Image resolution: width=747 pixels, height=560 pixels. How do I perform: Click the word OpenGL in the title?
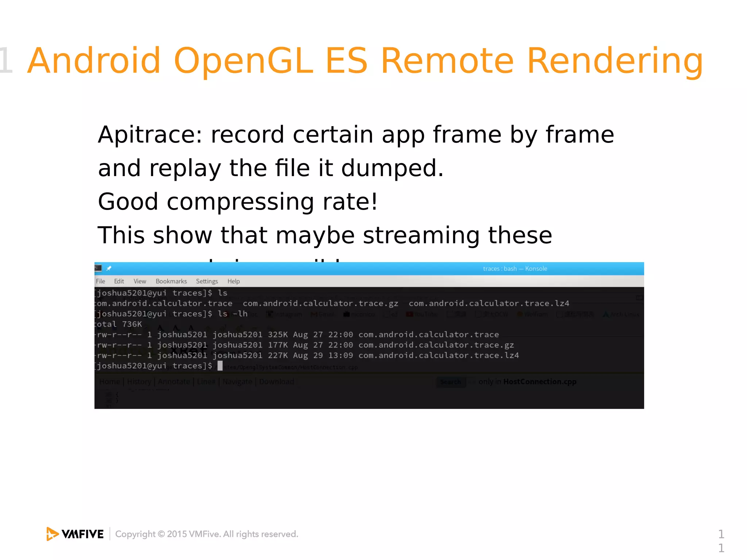243,61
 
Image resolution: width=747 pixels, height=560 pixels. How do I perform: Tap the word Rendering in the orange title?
615,61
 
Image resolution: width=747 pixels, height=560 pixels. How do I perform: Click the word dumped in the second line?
392,168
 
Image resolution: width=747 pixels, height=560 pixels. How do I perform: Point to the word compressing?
240,202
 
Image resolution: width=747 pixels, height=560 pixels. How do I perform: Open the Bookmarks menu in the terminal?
171,281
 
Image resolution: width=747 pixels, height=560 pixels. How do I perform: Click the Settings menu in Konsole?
207,281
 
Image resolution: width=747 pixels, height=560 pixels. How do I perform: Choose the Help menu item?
233,281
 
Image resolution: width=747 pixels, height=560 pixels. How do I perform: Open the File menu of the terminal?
100,281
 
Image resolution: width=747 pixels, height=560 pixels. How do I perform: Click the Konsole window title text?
515,269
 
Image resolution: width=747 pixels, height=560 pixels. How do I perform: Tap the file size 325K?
278,335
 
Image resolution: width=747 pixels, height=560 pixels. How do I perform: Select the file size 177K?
278,345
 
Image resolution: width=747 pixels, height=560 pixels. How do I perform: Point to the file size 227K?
278,355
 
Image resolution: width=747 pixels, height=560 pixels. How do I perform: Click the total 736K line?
119,324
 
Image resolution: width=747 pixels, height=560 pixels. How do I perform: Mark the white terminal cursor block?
220,366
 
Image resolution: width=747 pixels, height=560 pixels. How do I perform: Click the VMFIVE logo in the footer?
75,534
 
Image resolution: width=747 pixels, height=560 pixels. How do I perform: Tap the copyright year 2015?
177,534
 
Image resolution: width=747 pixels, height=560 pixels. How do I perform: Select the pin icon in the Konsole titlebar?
109,268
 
